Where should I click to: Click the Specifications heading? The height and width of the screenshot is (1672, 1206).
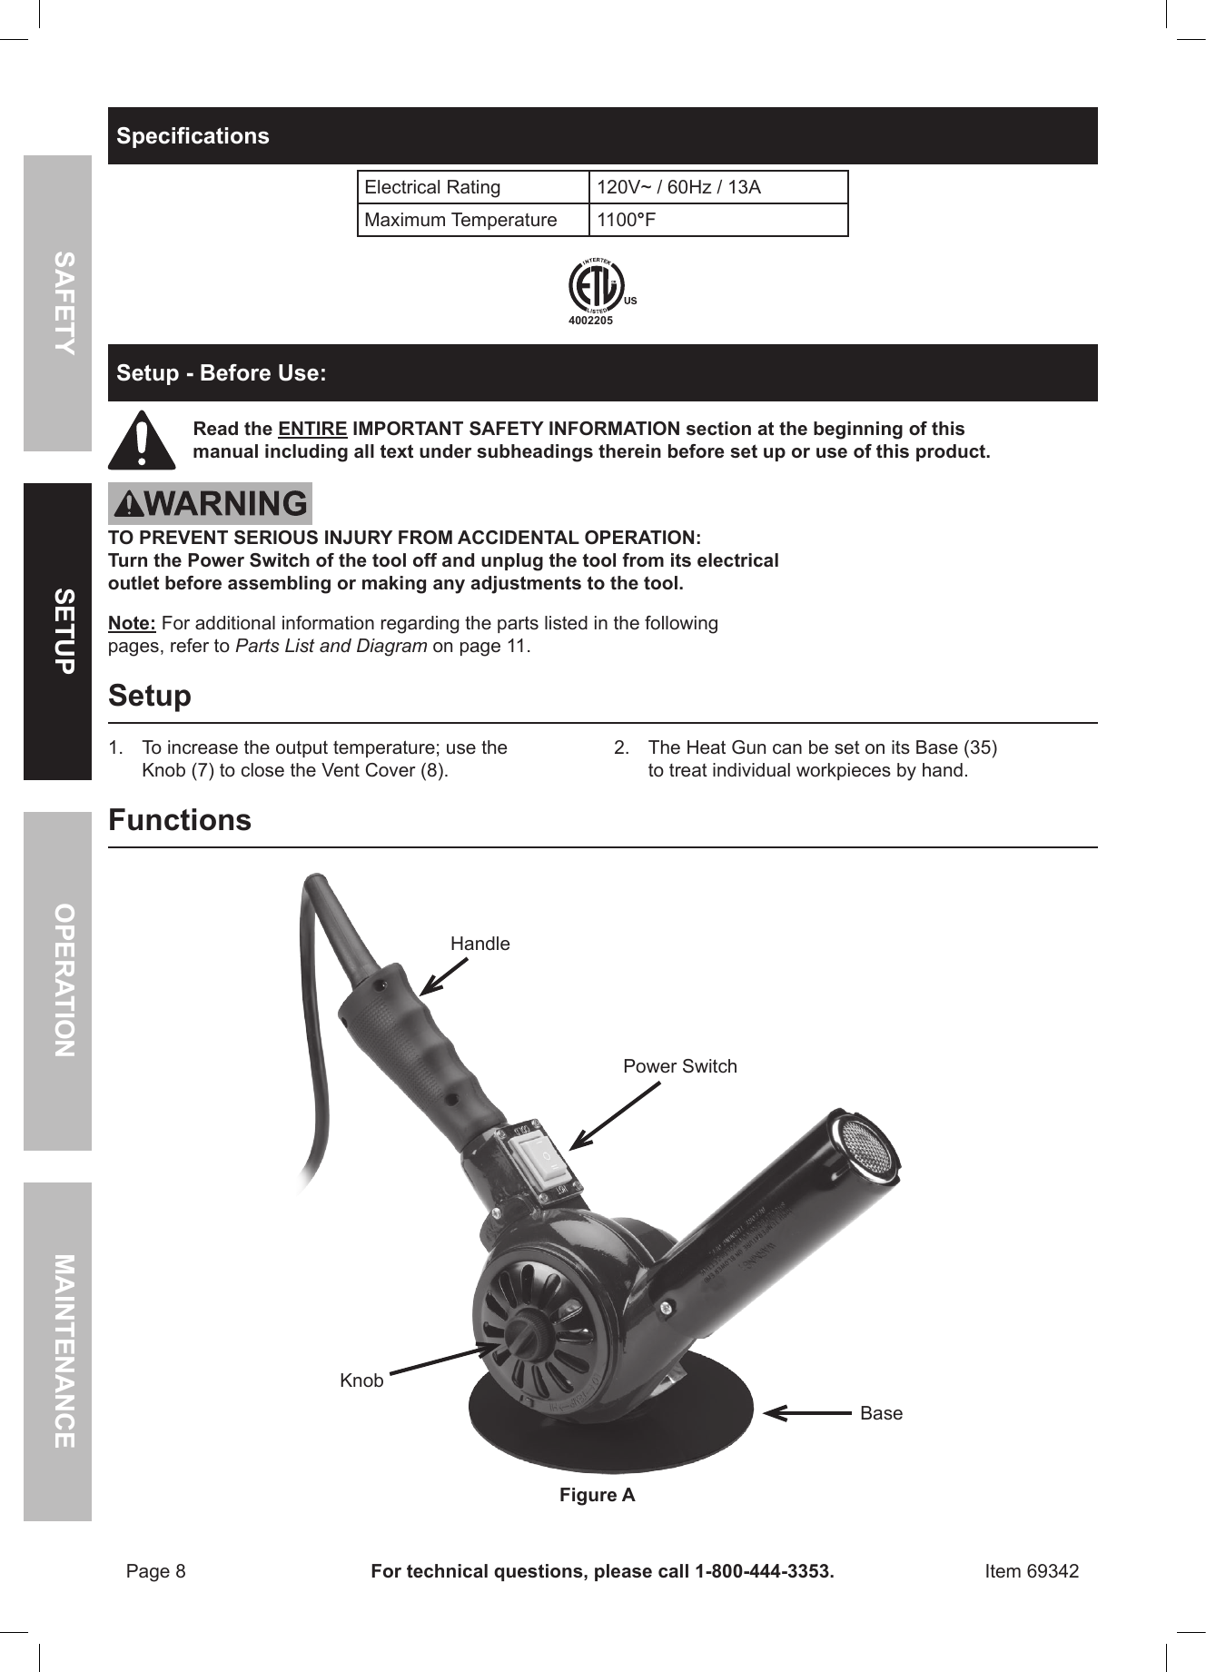tap(193, 136)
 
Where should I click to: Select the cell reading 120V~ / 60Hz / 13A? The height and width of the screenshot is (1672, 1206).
tap(677, 188)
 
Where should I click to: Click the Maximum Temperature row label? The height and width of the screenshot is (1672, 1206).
tap(460, 220)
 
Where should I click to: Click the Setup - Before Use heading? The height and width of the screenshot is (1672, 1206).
tap(222, 373)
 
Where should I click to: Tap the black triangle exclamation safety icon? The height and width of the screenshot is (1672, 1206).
tap(141, 440)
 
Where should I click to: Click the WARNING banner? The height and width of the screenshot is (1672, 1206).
tap(211, 504)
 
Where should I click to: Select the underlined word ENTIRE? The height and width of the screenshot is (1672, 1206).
tap(312, 429)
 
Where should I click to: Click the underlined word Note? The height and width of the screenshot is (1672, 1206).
tap(132, 623)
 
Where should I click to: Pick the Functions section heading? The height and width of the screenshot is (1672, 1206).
tap(180, 820)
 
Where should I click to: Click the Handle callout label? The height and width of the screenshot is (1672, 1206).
tap(480, 944)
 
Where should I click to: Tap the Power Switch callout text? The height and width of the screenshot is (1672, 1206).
tap(680, 1066)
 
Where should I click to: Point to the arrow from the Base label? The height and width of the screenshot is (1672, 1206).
tap(807, 1412)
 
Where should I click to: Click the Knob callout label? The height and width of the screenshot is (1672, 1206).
tap(361, 1380)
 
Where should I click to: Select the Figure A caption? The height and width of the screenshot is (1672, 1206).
tap(597, 1495)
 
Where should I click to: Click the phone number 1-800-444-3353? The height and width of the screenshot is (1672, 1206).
tap(763, 1571)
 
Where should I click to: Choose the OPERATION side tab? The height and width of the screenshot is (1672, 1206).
tap(58, 981)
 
